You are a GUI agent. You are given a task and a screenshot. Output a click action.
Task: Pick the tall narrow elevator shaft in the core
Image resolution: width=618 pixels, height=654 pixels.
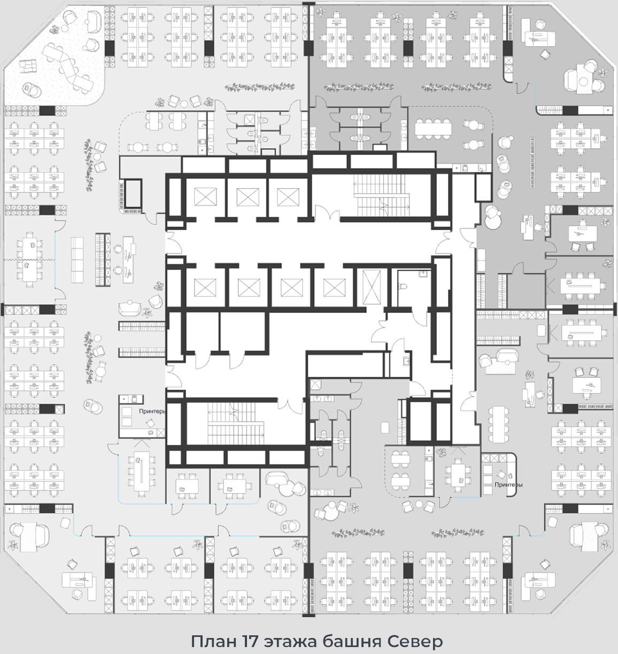(x=372, y=287)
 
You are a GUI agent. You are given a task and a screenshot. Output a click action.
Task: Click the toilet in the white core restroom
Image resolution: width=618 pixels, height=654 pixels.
(x=402, y=287)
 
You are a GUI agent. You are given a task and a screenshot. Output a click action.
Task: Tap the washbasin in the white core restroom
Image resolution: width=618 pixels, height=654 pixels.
(x=423, y=274)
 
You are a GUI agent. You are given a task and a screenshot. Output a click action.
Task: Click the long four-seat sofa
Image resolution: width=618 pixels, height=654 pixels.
(x=77, y=259)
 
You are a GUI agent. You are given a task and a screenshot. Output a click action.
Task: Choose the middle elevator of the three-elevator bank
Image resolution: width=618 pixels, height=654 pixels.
(x=248, y=196)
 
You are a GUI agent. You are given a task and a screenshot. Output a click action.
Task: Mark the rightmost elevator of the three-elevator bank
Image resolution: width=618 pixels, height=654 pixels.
(x=288, y=196)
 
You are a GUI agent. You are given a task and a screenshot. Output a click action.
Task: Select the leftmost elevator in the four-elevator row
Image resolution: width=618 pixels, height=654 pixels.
(x=205, y=287)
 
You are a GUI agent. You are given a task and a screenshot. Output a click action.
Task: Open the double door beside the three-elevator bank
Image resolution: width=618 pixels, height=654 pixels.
(x=327, y=213)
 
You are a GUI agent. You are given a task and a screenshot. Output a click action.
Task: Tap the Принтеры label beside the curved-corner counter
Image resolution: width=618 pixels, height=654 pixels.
(x=508, y=485)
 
